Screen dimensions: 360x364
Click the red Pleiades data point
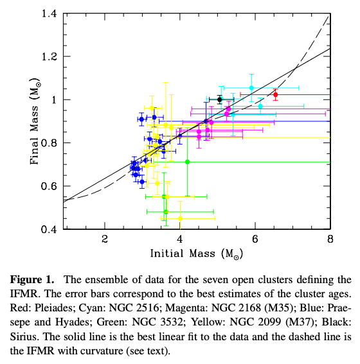pyautogui.click(x=275, y=95)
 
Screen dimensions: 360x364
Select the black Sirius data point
pyautogui.click(x=220, y=100)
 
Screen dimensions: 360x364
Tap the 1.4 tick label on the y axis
pyautogui.click(x=50, y=14)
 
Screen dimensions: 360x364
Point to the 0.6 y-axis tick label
pyautogui.click(x=50, y=186)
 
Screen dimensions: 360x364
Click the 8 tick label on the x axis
pyautogui.click(x=330, y=239)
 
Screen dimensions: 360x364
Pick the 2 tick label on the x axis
pyautogui.click(x=105, y=239)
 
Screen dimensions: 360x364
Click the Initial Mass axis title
pyautogui.click(x=197, y=254)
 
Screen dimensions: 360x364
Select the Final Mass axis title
pyautogui.click(x=35, y=121)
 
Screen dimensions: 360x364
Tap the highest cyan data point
pyautogui.click(x=251, y=88)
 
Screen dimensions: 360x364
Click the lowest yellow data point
pyautogui.click(x=181, y=218)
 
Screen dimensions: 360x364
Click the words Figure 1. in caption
pyautogui.click(x=32, y=280)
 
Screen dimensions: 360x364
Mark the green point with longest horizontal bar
pyautogui.click(x=187, y=162)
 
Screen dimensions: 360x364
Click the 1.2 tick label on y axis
pyautogui.click(x=50, y=56)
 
